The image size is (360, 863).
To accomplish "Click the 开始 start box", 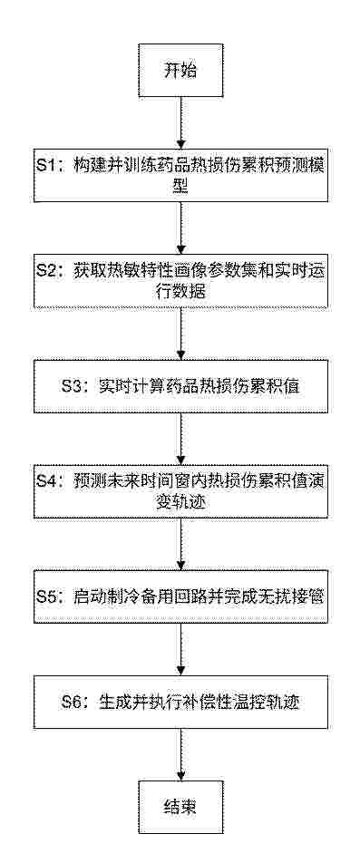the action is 180,71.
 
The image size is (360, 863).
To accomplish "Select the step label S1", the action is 48,168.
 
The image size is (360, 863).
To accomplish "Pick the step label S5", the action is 49,596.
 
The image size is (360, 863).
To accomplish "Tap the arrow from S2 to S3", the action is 180,334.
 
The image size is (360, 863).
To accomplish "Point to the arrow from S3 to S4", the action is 180,439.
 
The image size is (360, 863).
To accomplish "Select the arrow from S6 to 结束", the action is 180,752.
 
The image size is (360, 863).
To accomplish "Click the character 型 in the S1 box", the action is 180,187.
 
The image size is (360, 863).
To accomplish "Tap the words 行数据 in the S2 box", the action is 180,292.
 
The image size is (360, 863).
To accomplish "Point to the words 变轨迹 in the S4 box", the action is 180,502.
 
